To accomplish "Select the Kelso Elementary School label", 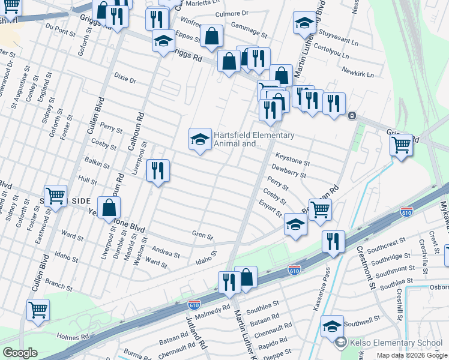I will point(397,343).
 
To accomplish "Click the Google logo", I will point(19,353).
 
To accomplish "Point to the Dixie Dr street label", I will point(125,80).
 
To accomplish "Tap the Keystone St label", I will point(292,162).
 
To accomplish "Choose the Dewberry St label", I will point(289,172).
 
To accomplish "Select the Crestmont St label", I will point(366,268).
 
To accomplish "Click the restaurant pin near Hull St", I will point(158,172).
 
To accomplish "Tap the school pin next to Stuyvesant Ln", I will point(304,24).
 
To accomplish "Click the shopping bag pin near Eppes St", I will point(211,37).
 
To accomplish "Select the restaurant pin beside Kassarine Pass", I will point(333,242).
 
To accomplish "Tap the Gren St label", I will point(202,236).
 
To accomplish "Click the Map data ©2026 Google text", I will point(411,355).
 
